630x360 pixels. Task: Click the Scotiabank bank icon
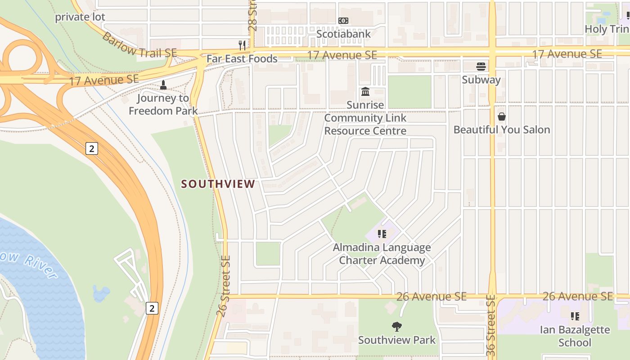[343, 21]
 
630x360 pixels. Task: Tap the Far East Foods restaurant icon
[242, 45]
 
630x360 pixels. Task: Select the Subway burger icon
[481, 67]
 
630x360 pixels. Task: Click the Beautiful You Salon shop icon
[502, 117]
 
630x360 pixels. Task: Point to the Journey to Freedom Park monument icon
[163, 85]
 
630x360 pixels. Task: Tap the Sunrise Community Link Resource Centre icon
[365, 92]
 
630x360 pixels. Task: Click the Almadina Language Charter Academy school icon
[382, 234]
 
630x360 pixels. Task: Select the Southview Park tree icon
[396, 326]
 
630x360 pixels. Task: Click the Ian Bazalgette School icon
[575, 316]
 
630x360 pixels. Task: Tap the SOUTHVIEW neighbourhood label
[218, 184]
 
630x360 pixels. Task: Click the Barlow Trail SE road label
[139, 45]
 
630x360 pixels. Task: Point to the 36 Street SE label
[491, 326]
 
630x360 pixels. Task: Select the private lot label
[80, 17]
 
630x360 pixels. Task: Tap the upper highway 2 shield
[91, 148]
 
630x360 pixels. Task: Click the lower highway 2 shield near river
[152, 308]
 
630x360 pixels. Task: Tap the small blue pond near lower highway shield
[101, 293]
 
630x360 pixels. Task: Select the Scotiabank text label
[343, 34]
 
